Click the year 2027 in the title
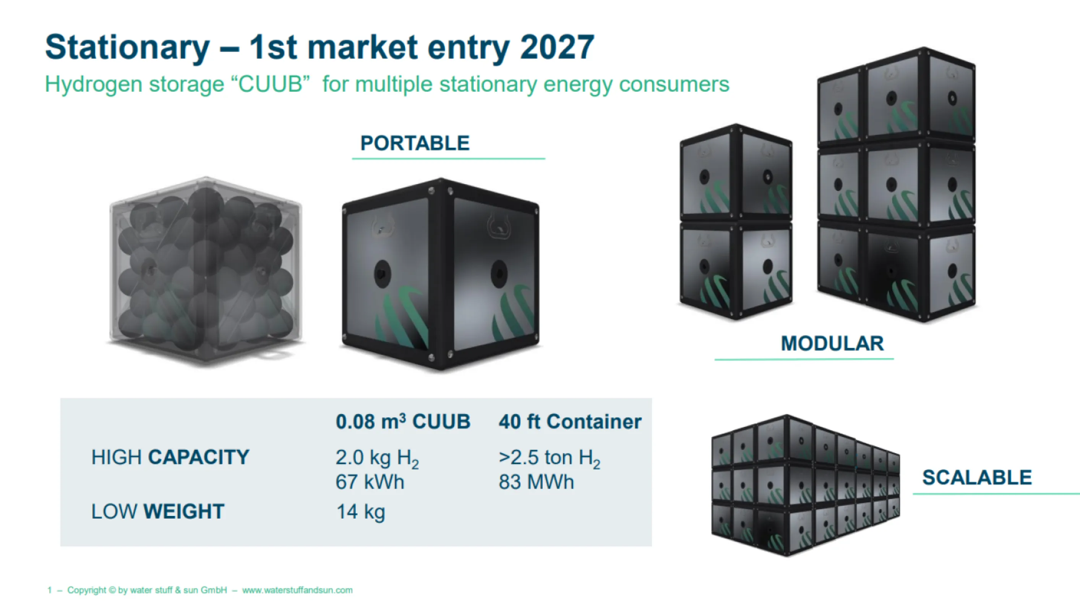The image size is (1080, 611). point(557,47)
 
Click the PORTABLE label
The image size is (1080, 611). point(415,143)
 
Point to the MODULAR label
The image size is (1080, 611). point(832,344)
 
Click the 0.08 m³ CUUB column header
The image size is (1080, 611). point(403,421)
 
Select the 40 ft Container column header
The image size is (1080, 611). point(570,421)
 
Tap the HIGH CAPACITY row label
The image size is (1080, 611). point(170,457)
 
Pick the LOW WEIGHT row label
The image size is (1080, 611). point(158,512)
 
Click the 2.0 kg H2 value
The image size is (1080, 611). point(377,459)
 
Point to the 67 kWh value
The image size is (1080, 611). point(370,482)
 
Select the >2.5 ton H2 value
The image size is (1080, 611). point(549,459)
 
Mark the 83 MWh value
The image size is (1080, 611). point(536,482)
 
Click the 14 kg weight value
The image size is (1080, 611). point(360,512)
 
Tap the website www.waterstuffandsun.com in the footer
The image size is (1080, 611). point(297,590)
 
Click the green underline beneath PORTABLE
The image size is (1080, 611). point(448,158)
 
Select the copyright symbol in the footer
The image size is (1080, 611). point(112,590)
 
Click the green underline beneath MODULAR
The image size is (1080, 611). point(804,359)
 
